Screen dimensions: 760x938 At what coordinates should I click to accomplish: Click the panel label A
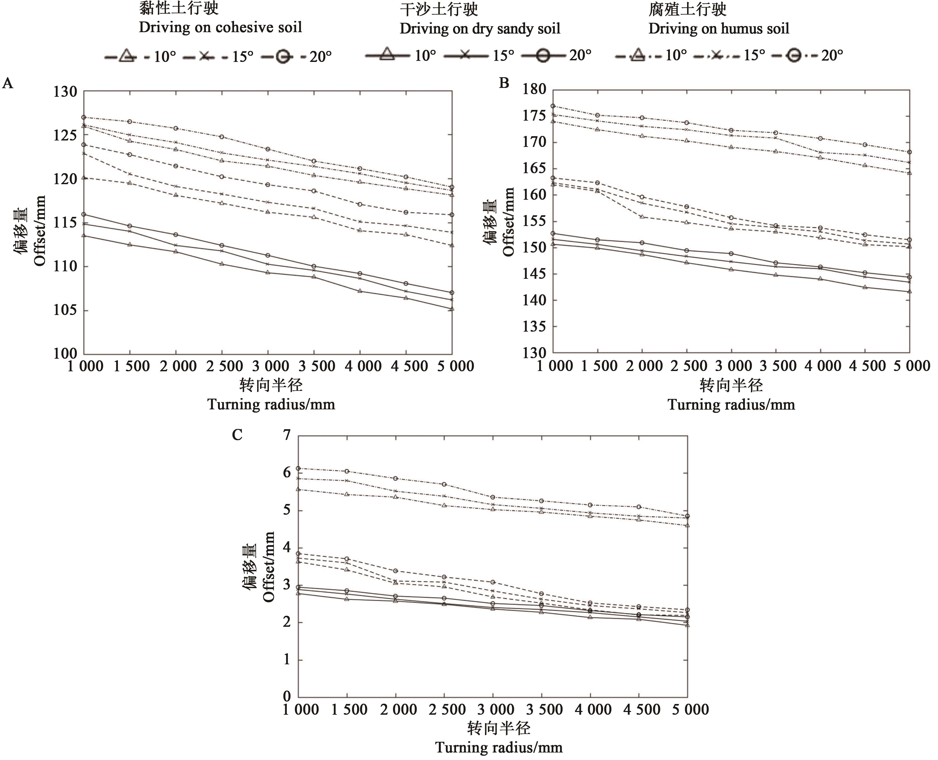click(8, 83)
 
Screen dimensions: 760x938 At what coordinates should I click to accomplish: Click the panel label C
click(237, 435)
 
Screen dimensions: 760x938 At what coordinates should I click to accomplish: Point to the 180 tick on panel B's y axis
click(535, 89)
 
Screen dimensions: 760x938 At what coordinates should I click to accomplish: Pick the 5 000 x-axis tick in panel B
click(911, 366)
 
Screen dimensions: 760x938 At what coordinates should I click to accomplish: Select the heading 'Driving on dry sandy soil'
click(480, 28)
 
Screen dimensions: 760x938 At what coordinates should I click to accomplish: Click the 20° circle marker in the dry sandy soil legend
click(543, 55)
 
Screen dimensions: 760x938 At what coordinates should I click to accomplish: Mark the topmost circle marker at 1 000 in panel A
click(84, 117)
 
